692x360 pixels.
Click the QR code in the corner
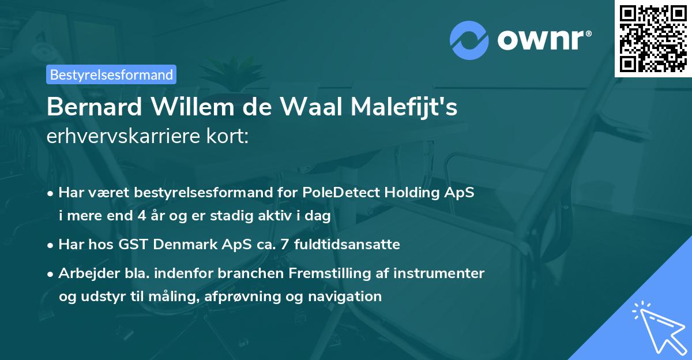[653, 39]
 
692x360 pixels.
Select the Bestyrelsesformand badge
[111, 74]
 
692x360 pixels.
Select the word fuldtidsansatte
[347, 245]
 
